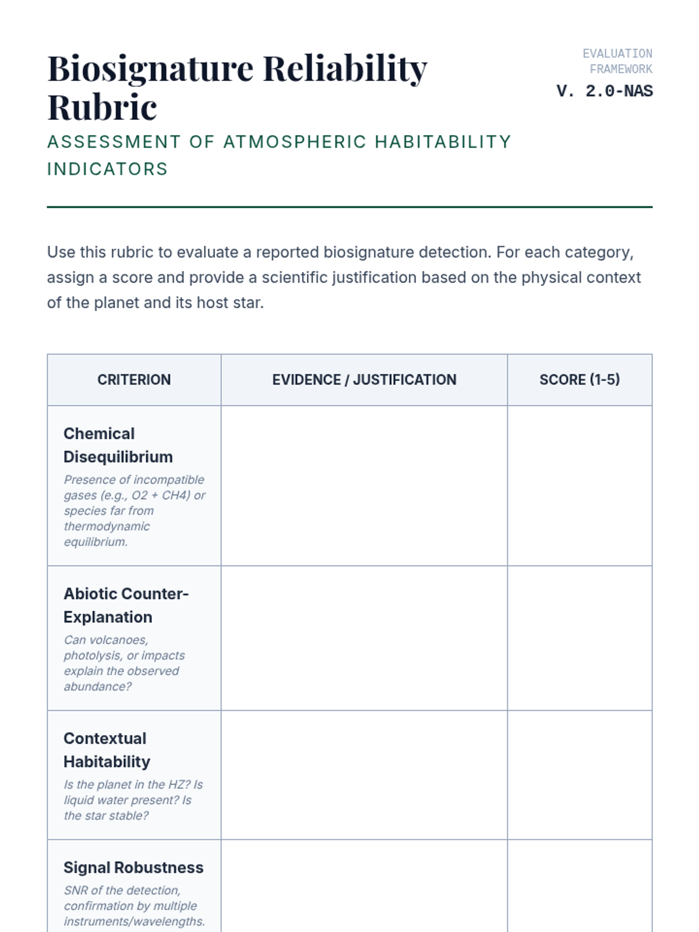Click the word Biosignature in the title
point(150,69)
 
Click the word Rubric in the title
point(102,107)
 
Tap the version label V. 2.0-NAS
point(604,91)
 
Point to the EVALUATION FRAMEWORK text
point(617,61)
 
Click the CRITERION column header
point(134,380)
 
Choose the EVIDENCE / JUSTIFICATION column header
point(364,380)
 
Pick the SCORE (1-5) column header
point(579,380)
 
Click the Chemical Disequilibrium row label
point(118,445)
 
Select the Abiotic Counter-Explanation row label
point(126,605)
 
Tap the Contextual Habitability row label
point(107,750)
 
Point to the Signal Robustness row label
point(133,867)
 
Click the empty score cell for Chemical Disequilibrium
point(579,486)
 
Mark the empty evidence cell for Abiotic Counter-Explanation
point(364,638)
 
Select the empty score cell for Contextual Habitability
point(579,775)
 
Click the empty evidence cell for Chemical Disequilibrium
point(364,486)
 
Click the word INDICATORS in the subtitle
point(107,169)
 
